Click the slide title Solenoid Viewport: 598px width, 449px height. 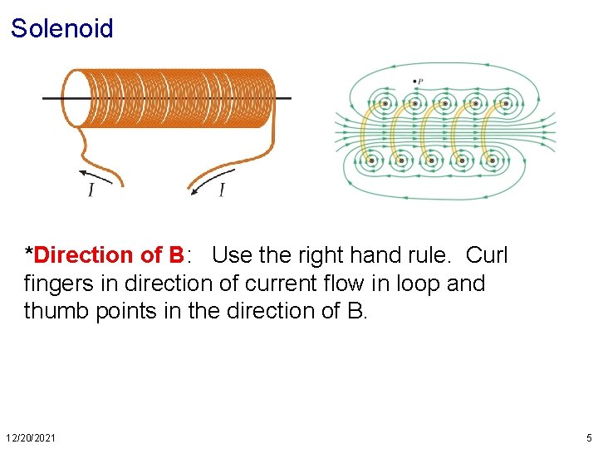click(62, 29)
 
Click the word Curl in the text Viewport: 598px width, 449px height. click(487, 255)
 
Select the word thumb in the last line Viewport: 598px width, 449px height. click(58, 311)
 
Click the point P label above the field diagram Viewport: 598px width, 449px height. click(419, 81)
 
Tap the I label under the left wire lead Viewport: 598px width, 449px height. click(91, 190)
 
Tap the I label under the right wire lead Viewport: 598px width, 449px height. click(222, 190)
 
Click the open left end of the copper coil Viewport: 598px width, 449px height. click(76, 98)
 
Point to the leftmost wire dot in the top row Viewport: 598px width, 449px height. click(386, 105)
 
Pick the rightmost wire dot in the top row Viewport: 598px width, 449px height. click(505, 105)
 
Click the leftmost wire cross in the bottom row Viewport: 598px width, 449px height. click(371, 160)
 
